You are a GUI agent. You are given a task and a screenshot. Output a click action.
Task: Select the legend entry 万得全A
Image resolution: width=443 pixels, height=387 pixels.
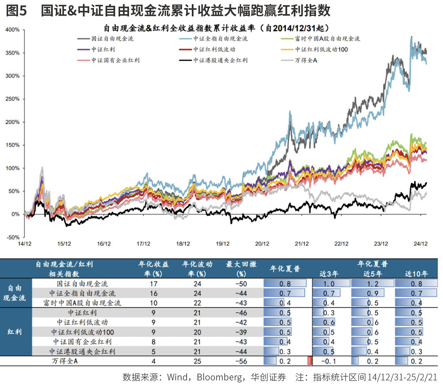[306, 60]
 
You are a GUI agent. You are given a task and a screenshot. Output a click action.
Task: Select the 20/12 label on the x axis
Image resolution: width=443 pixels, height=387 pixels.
[262, 243]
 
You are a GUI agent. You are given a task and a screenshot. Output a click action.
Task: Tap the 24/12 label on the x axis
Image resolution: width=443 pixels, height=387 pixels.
[420, 243]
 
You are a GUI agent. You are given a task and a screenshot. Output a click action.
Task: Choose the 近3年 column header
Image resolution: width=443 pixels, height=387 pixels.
[330, 274]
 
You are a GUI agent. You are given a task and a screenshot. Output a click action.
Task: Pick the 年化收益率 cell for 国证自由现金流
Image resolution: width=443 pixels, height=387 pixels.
[154, 283]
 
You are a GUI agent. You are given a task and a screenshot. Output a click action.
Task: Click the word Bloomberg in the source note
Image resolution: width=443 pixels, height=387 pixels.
[216, 377]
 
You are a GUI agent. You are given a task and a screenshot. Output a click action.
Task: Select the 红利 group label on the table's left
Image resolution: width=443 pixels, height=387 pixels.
[15, 332]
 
